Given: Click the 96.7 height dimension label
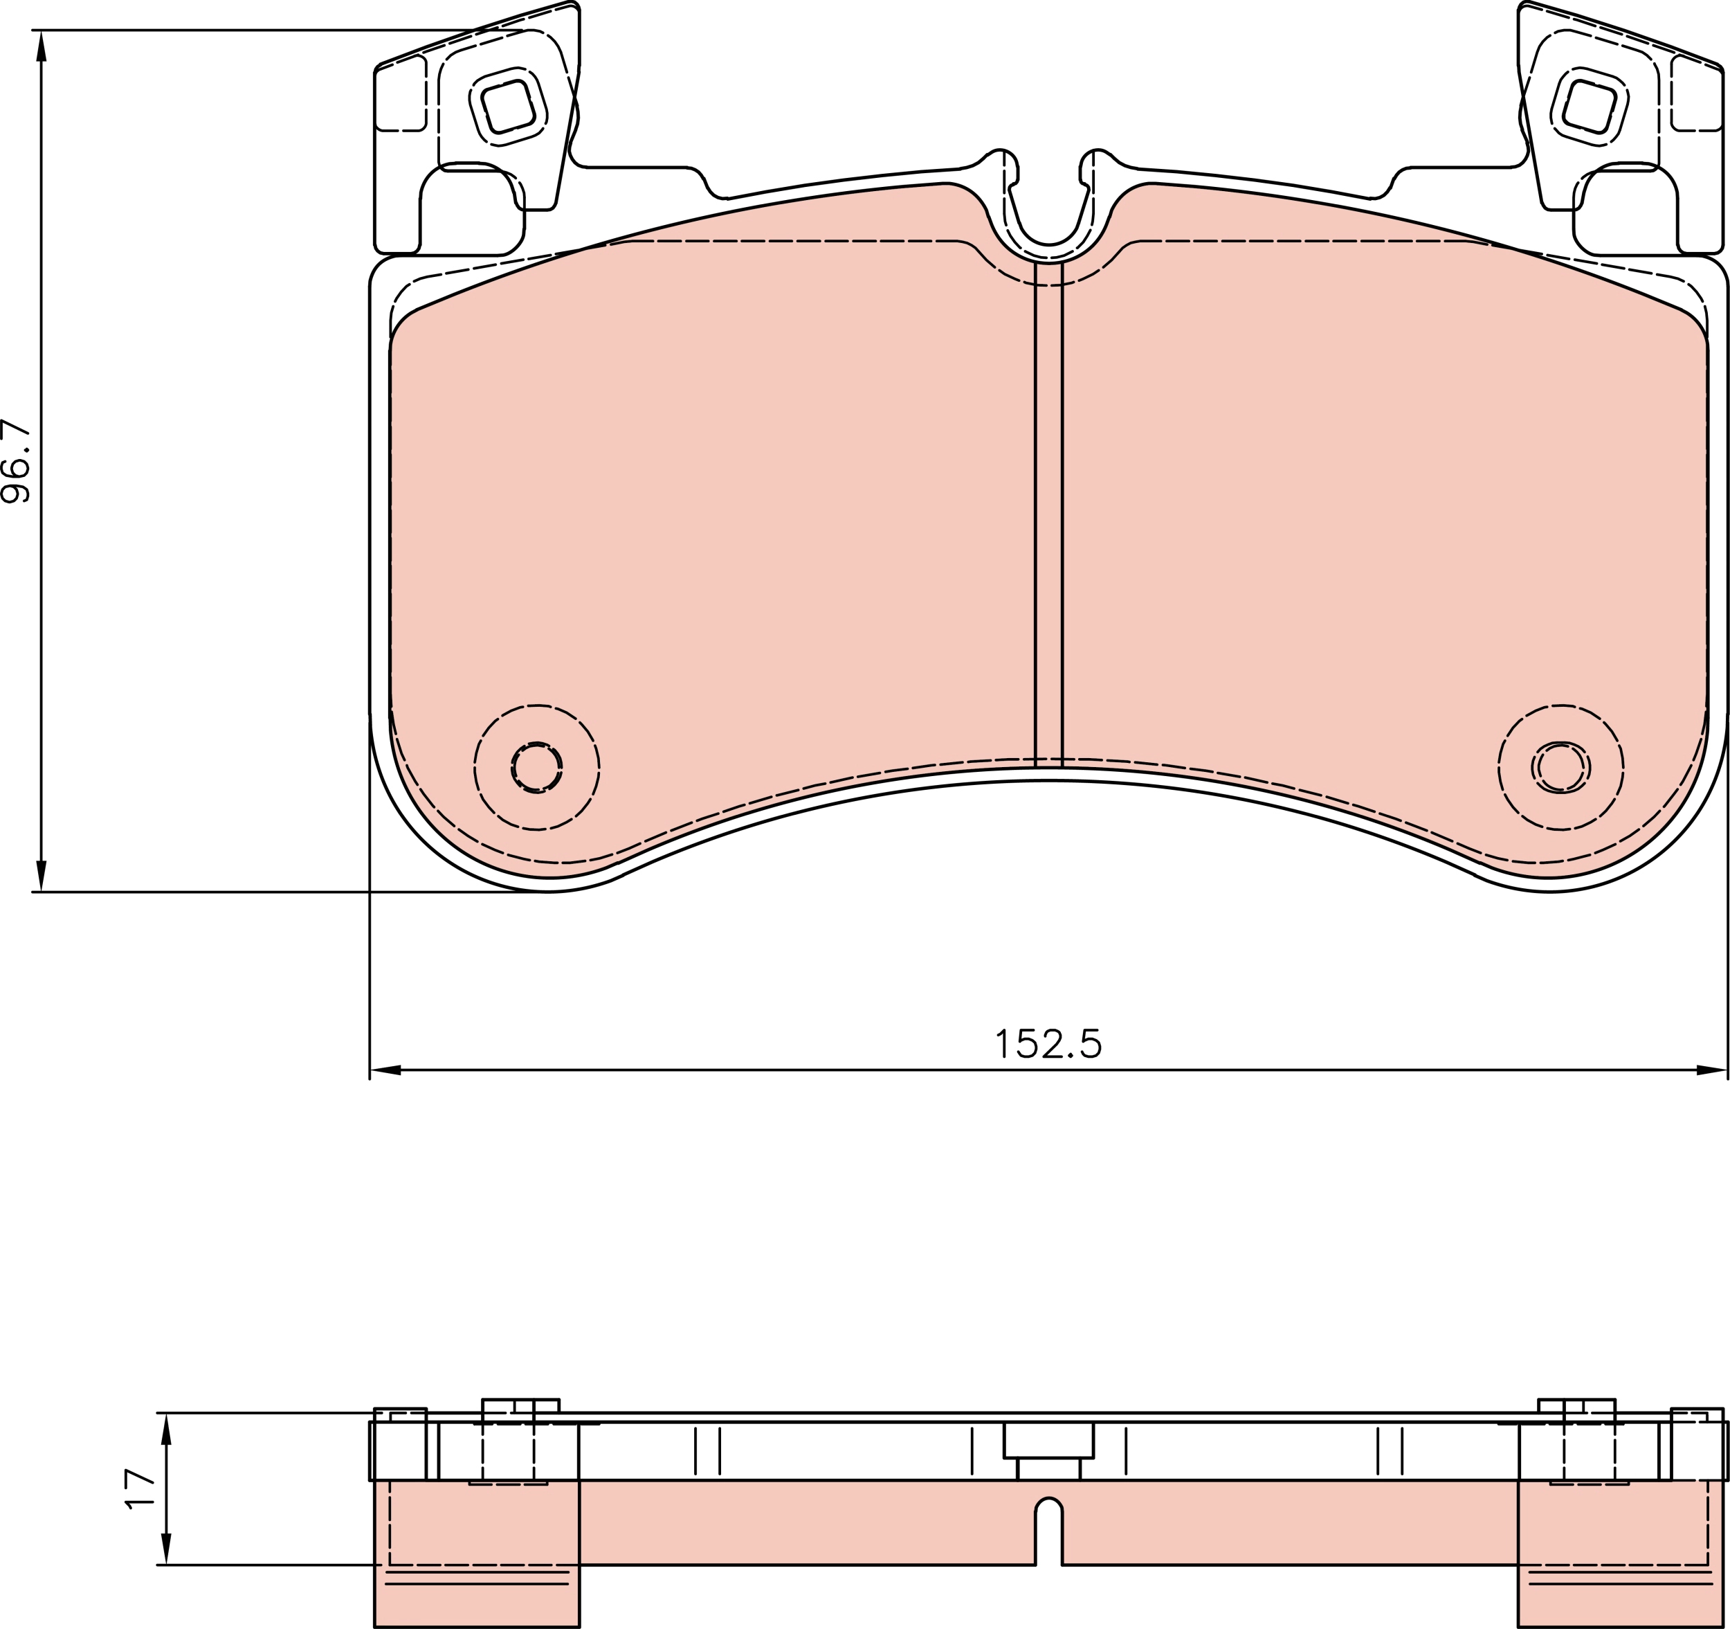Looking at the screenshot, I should coord(16,462).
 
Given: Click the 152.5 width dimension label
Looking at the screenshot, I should coord(1048,1043).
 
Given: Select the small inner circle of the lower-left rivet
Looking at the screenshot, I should coord(536,767).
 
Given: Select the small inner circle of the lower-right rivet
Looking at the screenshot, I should coord(1560,767).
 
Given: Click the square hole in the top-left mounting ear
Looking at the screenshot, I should coord(508,106).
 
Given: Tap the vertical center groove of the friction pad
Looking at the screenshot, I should coord(1048,514).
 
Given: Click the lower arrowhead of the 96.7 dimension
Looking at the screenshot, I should coord(41,875).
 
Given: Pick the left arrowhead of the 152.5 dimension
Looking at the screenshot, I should coord(385,1070).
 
